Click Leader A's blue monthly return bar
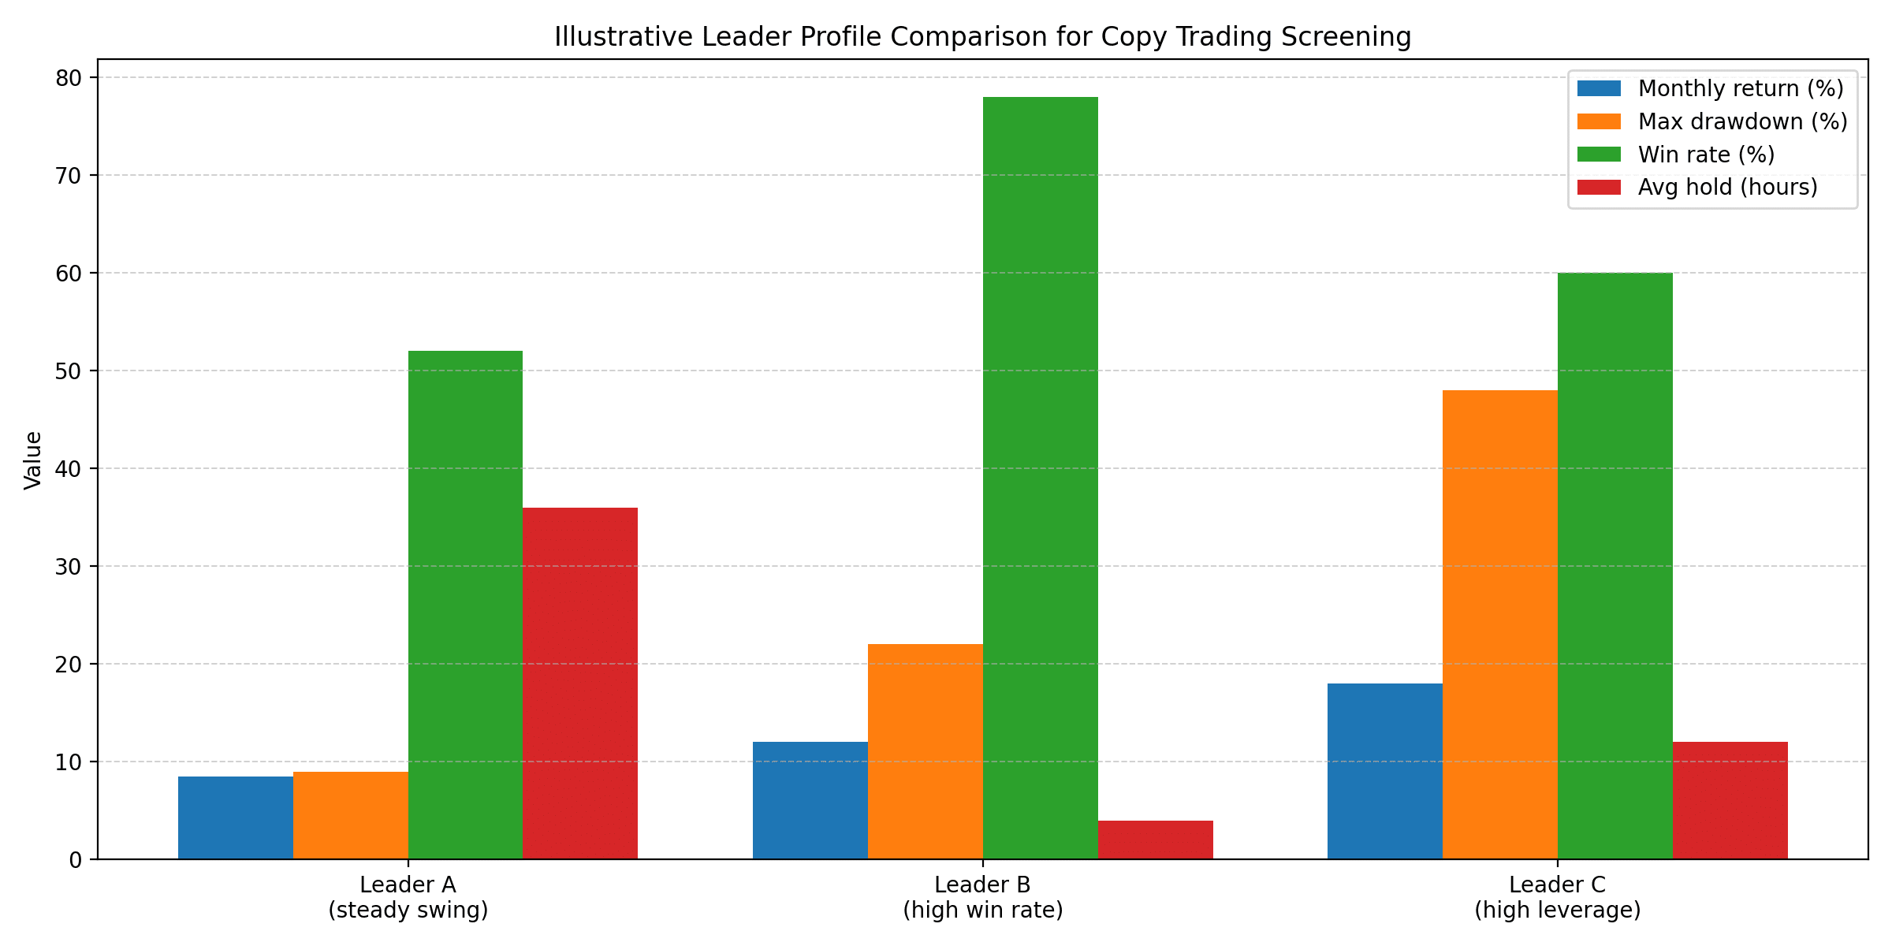235,818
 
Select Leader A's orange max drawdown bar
350,815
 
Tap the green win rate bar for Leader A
465,605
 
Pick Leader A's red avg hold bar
580,683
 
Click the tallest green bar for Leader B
1040,478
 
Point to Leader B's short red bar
1155,840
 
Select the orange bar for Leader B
925,751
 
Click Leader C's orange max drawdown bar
1499,624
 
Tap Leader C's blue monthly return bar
1384,771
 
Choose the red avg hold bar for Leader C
1730,800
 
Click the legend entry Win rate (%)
1706,155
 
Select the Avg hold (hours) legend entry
1727,188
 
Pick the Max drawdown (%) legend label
1742,121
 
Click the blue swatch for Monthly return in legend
1599,88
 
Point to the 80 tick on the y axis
69,78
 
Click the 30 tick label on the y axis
69,567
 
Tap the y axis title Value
33,460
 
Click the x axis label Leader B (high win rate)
982,897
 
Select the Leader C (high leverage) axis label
1557,897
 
